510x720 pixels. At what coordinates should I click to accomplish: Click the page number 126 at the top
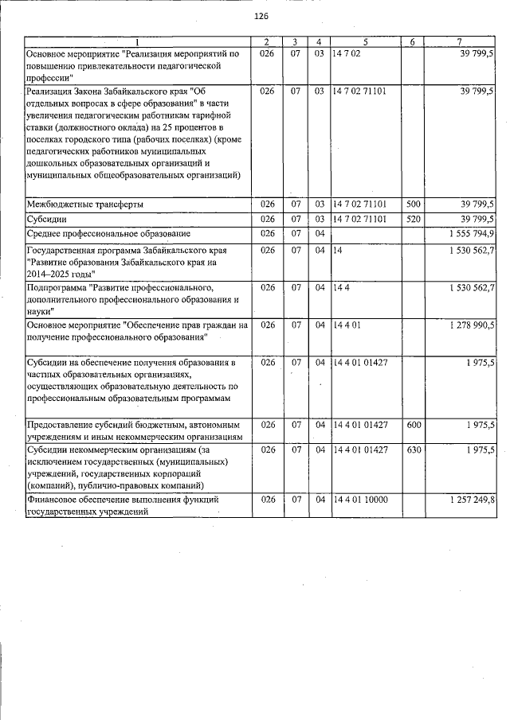pos(261,17)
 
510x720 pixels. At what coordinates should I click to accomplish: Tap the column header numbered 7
pos(460,41)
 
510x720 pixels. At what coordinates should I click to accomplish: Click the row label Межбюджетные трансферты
pos(85,204)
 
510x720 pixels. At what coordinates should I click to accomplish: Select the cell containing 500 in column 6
pos(413,204)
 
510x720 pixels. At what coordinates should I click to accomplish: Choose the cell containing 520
pos(413,219)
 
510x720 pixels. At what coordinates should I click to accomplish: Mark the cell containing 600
pos(413,425)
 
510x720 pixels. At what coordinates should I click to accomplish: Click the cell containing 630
pos(413,450)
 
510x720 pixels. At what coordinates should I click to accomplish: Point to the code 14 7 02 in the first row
pos(349,53)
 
